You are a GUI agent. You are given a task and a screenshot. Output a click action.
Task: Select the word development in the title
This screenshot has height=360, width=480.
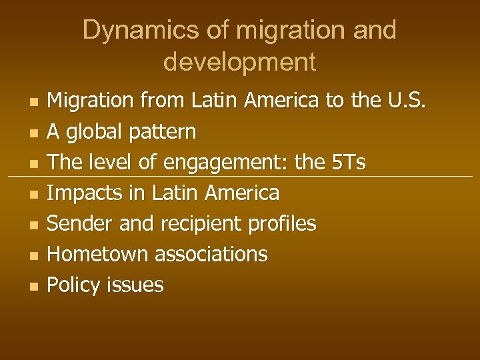point(239,62)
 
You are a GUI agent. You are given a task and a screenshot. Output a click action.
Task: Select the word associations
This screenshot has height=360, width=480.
point(211,254)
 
